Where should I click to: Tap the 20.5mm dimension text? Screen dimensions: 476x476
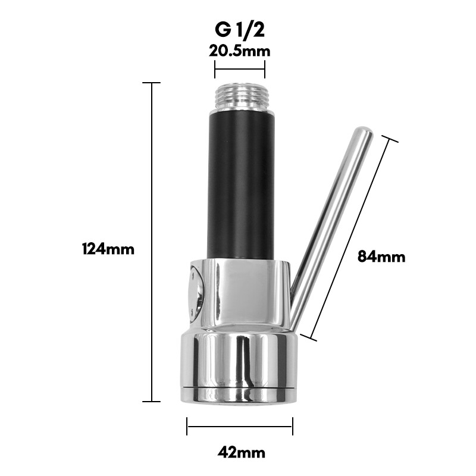pyautogui.click(x=239, y=51)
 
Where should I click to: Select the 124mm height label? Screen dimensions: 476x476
pyautogui.click(x=108, y=249)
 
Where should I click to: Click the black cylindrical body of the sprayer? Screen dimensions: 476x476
pyautogui.click(x=240, y=184)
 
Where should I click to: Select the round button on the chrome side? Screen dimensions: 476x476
pyautogui.click(x=195, y=293)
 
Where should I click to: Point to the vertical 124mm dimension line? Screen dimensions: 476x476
pyautogui.click(x=152, y=238)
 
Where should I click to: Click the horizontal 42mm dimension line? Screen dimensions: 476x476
pyautogui.click(x=239, y=426)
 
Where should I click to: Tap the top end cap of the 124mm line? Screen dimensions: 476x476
pyautogui.click(x=152, y=83)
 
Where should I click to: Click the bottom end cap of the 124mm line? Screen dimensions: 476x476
pyautogui.click(x=152, y=401)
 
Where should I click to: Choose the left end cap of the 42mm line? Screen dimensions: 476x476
pyautogui.click(x=187, y=426)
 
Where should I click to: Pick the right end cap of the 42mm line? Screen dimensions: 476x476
pyautogui.click(x=292, y=426)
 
